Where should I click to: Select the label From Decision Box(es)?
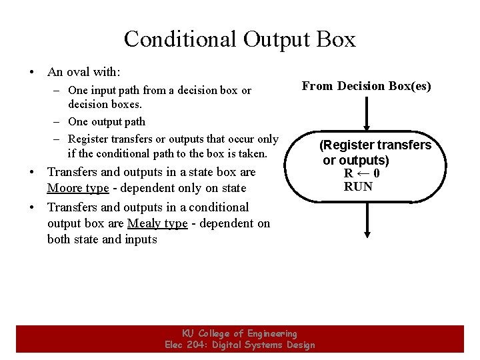pyautogui.click(x=366, y=86)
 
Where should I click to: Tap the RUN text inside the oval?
pyautogui.click(x=358, y=187)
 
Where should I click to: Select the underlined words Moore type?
pyautogui.click(x=78, y=188)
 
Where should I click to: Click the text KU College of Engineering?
pyautogui.click(x=239, y=333)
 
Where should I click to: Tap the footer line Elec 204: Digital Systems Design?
pyautogui.click(x=239, y=345)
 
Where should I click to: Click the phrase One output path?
pyautogui.click(x=107, y=121)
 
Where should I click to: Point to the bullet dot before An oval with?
pyautogui.click(x=31, y=71)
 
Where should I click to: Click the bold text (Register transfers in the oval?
pyautogui.click(x=375, y=145)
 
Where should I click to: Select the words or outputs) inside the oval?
pyautogui.click(x=356, y=160)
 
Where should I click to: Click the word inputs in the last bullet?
pyautogui.click(x=141, y=239)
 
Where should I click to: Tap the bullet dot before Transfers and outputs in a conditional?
pyautogui.click(x=31, y=207)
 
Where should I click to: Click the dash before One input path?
pyautogui.click(x=59, y=91)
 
